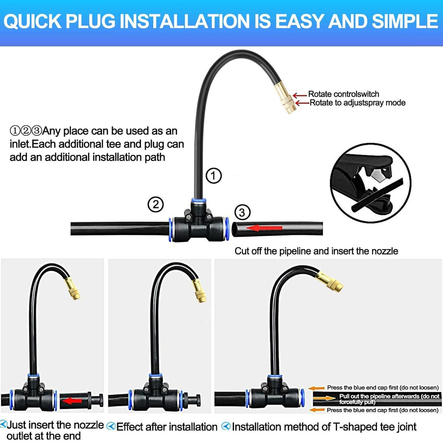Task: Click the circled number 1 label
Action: click(x=213, y=176)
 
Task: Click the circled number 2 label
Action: click(x=155, y=204)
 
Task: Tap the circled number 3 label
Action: click(x=242, y=212)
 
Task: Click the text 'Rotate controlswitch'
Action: click(x=343, y=94)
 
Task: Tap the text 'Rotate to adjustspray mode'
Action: click(x=357, y=103)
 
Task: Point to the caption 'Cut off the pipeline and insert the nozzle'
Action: click(x=316, y=250)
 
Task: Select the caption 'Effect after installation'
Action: click(x=167, y=427)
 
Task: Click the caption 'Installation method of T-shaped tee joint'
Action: click(x=324, y=427)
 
